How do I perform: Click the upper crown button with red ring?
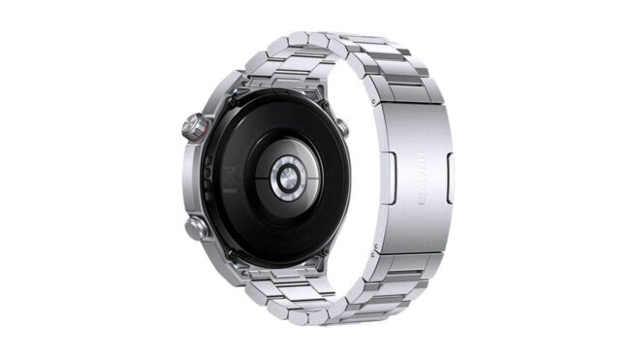coord(195,126)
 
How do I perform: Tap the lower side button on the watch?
coord(197,229)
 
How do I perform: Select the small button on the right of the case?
coord(341,127)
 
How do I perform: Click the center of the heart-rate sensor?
coord(288,179)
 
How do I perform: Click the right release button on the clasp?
coord(448,179)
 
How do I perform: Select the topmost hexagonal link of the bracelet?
coord(296,41)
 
